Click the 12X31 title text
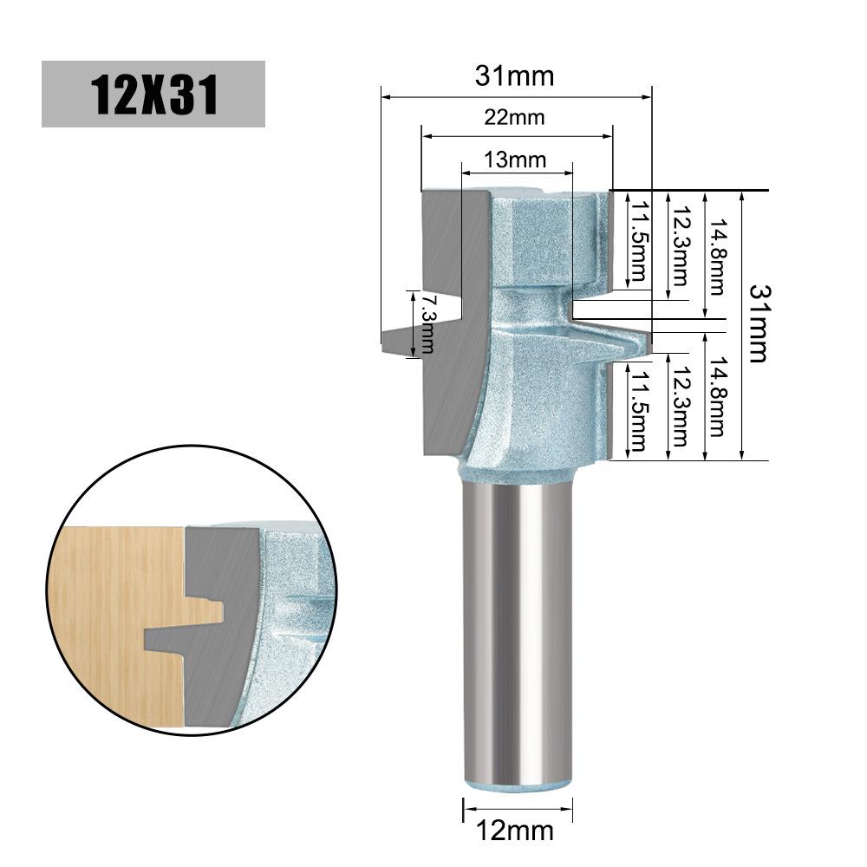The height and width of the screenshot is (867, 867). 153,95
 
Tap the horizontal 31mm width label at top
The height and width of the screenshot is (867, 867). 514,75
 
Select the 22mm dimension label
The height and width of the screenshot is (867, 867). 514,117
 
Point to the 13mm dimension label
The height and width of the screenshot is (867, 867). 515,160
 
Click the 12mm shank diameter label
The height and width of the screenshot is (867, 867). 515,830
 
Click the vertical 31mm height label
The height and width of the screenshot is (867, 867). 759,323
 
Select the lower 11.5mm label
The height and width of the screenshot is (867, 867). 639,410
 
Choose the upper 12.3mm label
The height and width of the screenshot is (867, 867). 680,246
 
